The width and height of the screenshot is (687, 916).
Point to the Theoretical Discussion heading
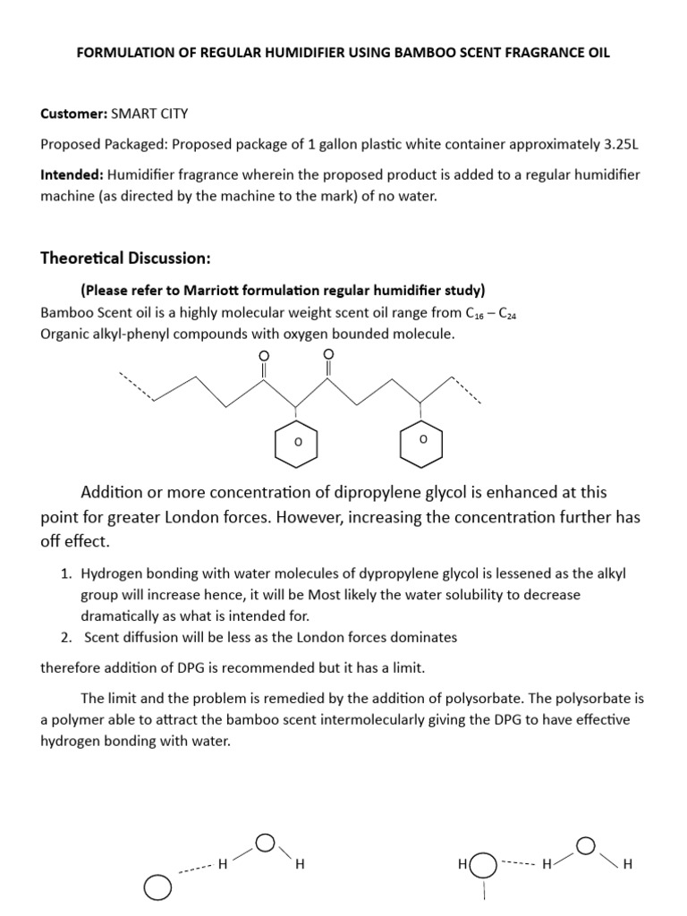tap(125, 259)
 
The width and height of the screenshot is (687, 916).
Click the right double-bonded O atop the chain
tap(327, 355)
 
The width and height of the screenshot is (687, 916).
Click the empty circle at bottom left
tap(157, 886)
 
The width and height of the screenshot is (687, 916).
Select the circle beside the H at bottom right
tap(483, 865)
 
